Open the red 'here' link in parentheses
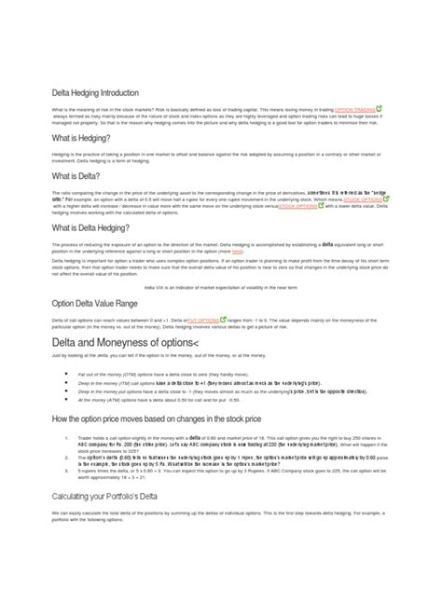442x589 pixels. [237, 251]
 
